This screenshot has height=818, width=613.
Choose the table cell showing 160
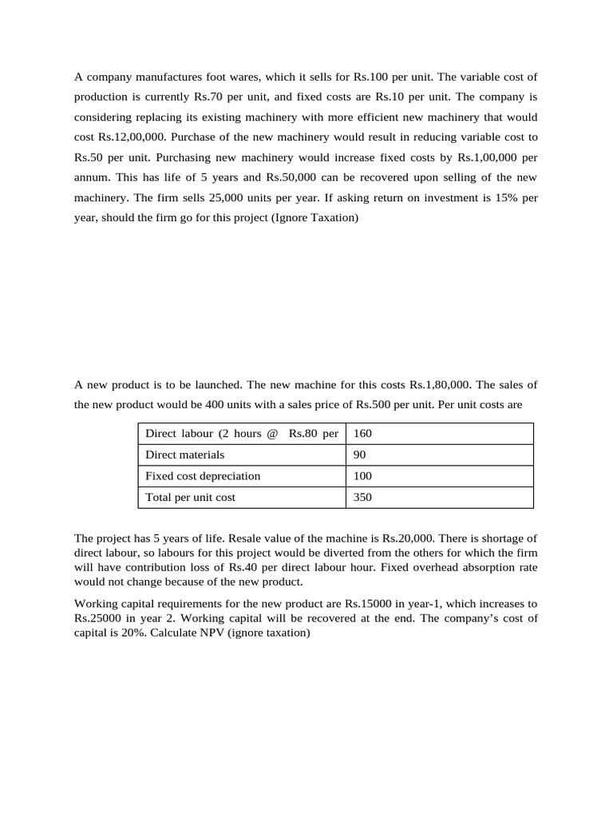click(362, 434)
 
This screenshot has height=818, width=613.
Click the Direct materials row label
click(184, 455)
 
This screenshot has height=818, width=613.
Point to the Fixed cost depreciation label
click(203, 476)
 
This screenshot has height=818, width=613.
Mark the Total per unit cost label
click(190, 497)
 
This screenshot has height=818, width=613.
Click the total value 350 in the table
click(362, 497)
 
